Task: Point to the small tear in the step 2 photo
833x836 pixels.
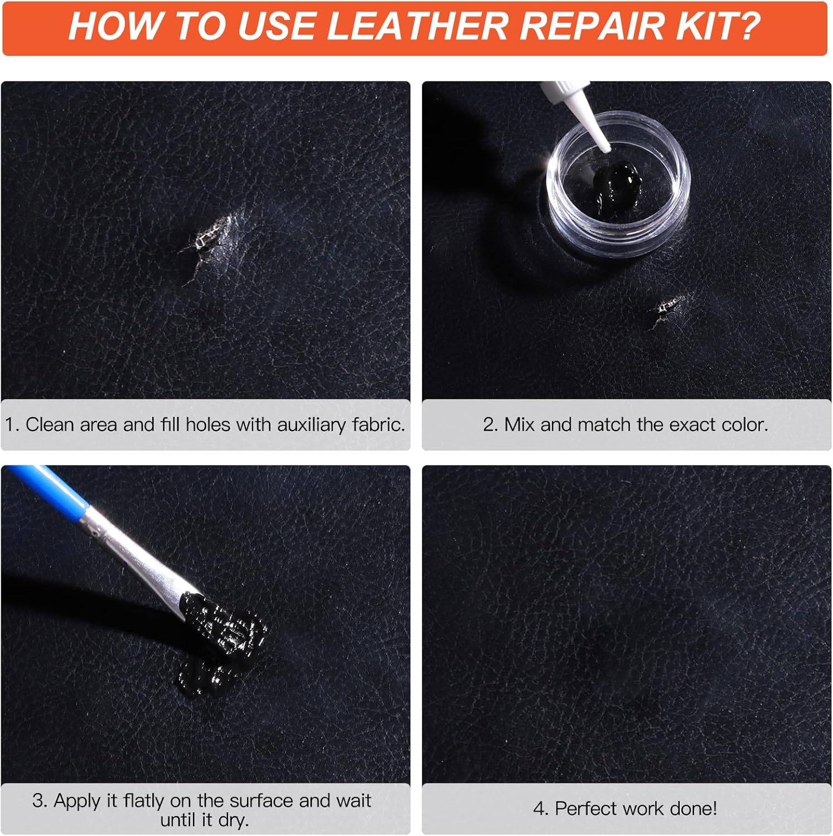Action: [x=669, y=306]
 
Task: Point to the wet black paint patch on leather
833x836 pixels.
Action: [x=223, y=641]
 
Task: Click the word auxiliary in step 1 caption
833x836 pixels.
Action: [x=311, y=425]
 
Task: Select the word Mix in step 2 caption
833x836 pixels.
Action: [x=519, y=425]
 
